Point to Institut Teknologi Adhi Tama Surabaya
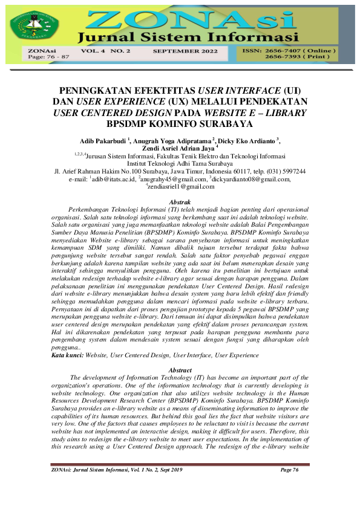180,163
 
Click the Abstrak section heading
180,201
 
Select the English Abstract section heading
180,370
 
